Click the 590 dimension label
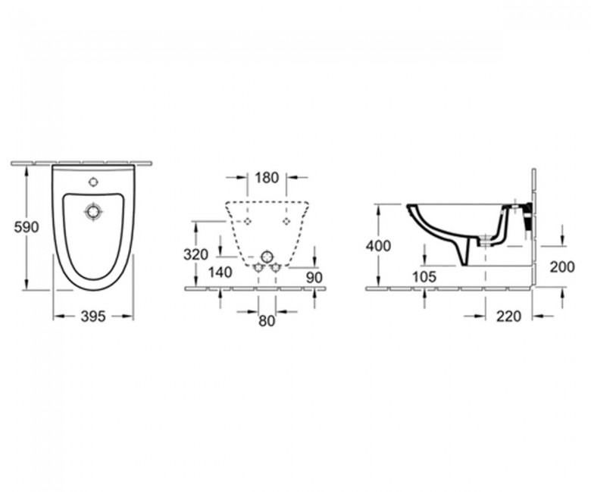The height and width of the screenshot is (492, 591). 27,227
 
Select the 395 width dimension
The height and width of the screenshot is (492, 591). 93,316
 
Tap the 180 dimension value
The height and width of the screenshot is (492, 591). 267,178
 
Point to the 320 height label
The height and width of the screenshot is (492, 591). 196,255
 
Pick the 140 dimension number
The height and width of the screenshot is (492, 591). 220,272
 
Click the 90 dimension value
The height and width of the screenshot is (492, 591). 314,278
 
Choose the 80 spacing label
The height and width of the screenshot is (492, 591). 267,321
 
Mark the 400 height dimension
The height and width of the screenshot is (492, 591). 378,246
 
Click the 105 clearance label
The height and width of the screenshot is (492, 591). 424,277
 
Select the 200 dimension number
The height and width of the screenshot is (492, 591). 562,267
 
